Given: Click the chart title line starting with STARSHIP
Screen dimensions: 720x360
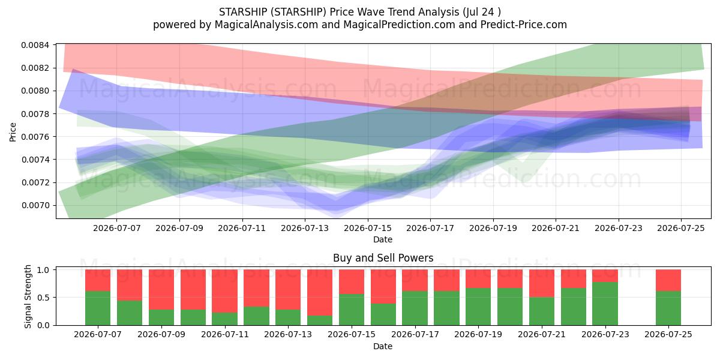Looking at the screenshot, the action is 359,12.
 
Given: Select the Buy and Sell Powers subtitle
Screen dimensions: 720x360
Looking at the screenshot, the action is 383,258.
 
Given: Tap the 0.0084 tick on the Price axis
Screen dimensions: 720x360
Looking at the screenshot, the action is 35,45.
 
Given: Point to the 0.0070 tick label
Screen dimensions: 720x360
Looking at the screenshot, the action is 35,205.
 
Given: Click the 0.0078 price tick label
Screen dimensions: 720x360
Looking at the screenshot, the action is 35,114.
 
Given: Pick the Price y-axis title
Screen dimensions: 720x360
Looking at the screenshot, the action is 13,132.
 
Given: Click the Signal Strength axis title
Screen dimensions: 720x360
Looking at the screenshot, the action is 28,296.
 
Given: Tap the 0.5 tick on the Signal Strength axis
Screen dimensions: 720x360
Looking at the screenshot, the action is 43,298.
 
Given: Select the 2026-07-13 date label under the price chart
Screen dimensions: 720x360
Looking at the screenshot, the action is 305,228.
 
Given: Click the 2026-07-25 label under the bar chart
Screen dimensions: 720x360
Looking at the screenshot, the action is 668,334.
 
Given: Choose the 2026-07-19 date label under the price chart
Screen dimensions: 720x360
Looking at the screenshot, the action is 493,228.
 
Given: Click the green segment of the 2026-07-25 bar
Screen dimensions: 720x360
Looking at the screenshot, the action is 668,308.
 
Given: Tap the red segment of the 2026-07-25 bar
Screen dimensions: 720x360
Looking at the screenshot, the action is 668,280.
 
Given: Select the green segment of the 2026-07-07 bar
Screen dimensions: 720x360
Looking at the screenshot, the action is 98,308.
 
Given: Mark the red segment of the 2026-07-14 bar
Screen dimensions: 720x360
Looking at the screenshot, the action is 320,293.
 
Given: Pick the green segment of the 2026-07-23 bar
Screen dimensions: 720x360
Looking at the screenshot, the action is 605,304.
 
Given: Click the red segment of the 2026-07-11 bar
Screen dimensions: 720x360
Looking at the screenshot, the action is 224,291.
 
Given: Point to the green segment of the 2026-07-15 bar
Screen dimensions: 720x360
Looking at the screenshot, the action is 352,310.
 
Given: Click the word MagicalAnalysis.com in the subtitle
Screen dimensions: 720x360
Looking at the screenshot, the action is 266,25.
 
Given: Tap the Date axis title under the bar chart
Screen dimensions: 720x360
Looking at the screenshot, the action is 383,346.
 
